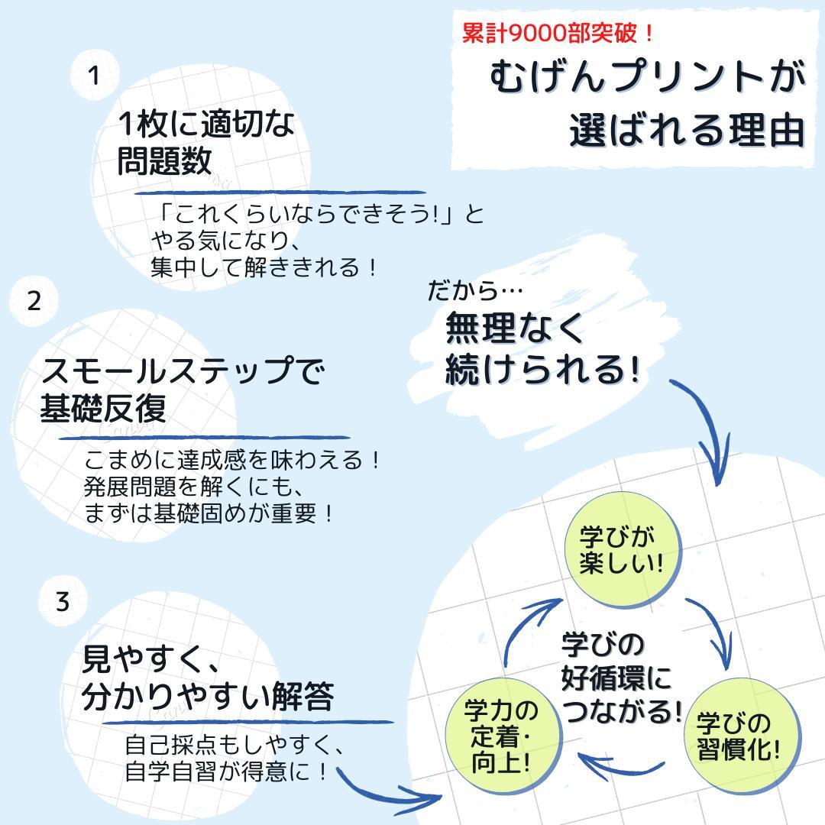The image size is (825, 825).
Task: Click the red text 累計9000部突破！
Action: (x=558, y=34)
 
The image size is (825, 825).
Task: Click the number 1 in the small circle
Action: (x=94, y=75)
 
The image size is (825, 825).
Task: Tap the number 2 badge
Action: (x=34, y=302)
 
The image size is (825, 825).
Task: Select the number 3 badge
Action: (x=63, y=601)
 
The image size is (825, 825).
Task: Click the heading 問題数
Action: (x=164, y=161)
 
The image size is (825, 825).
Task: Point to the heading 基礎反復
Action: (x=103, y=408)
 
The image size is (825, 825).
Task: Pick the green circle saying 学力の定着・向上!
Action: (x=503, y=736)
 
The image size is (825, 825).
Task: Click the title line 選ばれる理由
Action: (x=687, y=131)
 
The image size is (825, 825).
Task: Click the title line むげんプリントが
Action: (x=648, y=77)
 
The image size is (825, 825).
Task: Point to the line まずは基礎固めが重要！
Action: (x=209, y=513)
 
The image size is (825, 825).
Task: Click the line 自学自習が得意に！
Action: (x=227, y=772)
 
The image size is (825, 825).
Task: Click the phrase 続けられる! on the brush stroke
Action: (x=542, y=370)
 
